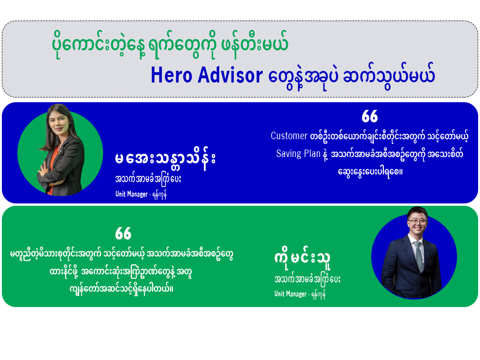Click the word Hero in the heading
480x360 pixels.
[x=172, y=75]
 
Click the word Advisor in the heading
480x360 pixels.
[x=230, y=75]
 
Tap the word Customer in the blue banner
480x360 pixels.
[x=289, y=135]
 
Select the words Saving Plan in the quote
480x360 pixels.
[x=298, y=153]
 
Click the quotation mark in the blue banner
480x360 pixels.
[x=370, y=116]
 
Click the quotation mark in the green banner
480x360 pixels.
[x=123, y=233]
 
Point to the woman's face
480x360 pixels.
[x=59, y=120]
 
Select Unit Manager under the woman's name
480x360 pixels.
[x=131, y=194]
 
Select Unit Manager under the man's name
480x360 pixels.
[x=290, y=294]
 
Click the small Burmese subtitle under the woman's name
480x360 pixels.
[x=148, y=179]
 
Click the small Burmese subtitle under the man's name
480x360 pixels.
[x=307, y=279]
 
